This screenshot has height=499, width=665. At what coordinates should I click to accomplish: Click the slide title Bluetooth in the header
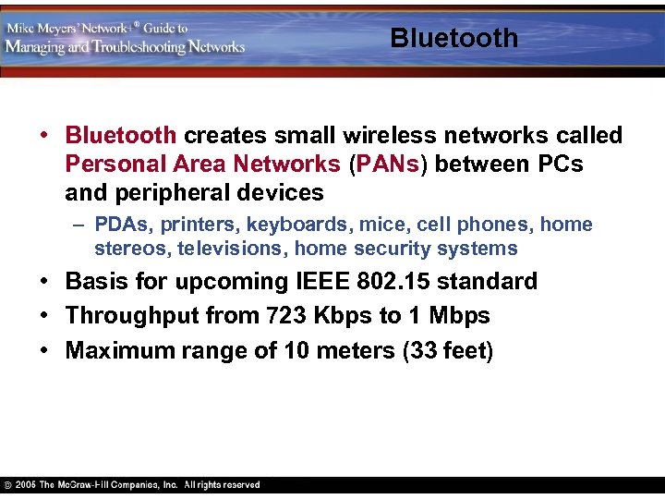(453, 38)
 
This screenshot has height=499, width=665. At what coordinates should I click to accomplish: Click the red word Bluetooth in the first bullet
(120, 136)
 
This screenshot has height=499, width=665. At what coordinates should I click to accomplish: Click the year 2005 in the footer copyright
(25, 484)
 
